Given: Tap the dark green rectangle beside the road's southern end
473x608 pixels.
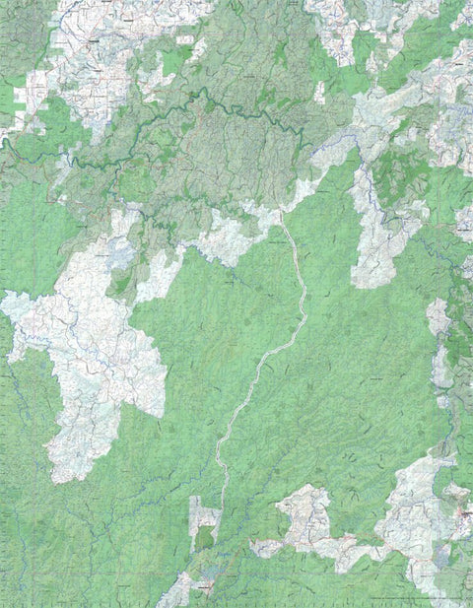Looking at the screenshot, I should click(204, 538).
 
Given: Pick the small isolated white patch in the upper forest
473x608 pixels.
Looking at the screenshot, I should click(319, 93).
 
